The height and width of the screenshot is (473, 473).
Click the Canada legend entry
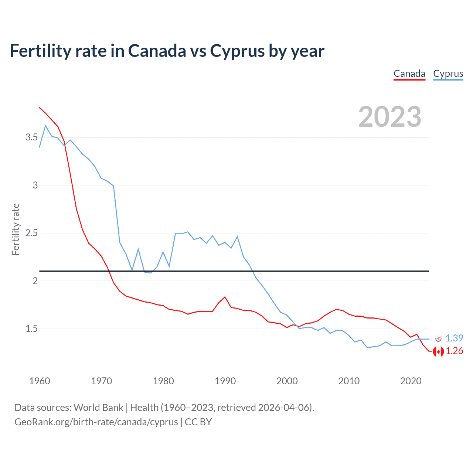coord(409,74)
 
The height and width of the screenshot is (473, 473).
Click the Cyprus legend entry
coord(448,74)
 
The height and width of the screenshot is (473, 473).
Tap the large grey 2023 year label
coord(389,117)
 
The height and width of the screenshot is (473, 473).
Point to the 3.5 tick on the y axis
coord(31,137)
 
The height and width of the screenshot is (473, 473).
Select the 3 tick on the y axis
coord(35,185)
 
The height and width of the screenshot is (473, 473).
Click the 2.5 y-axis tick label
coord(31,233)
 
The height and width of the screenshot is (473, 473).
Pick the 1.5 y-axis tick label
coord(31,329)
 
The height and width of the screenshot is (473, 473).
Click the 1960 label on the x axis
coord(40,381)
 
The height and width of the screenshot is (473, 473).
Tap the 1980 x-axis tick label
coord(163,381)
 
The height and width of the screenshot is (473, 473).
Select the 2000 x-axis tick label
coord(287,381)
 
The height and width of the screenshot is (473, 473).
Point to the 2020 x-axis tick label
coord(411,381)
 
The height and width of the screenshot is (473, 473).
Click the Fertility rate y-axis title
coord(16,229)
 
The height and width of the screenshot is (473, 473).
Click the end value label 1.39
coord(454,338)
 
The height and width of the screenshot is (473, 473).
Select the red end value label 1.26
coord(454,351)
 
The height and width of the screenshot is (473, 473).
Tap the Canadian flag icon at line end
coord(438,351)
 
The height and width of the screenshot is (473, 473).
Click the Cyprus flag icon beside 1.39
coord(438,338)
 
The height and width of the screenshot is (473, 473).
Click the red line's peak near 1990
coord(225,297)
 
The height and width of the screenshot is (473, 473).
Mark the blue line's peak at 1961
coord(45,126)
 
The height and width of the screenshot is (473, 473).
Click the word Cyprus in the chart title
coord(237,51)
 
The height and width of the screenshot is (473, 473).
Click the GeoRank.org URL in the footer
coord(96,422)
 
